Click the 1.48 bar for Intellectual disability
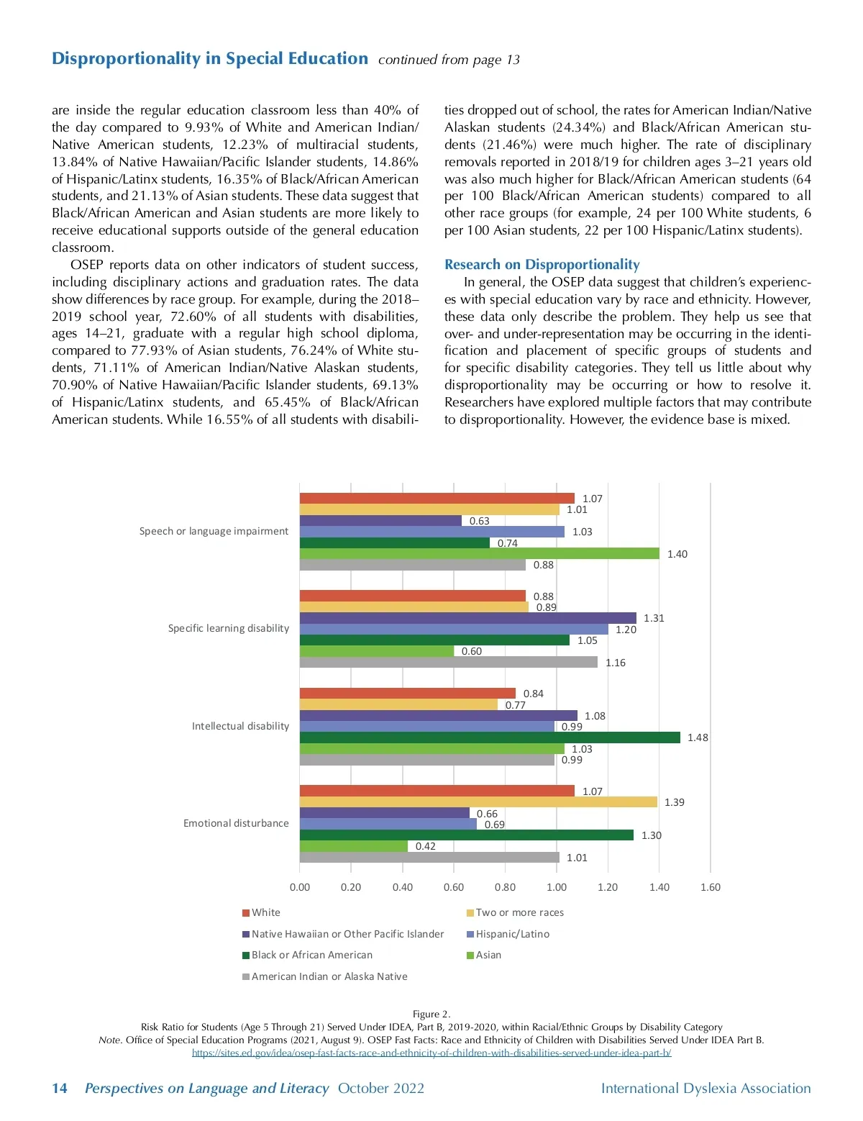click(489, 737)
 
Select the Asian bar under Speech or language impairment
click(479, 553)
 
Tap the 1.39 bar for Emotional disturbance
click(478, 802)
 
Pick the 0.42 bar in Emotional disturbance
click(353, 846)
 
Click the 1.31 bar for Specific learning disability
click(467, 618)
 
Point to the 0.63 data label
click(479, 521)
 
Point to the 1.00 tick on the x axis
click(557, 887)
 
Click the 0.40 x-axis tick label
click(403, 887)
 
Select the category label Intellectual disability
click(240, 726)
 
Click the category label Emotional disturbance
click(236, 823)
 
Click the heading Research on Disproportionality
click(542, 265)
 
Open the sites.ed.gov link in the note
click(431, 1053)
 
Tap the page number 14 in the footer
click(60, 1088)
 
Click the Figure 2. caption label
click(431, 1014)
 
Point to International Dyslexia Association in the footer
click(706, 1088)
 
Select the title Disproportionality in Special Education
click(209, 58)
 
